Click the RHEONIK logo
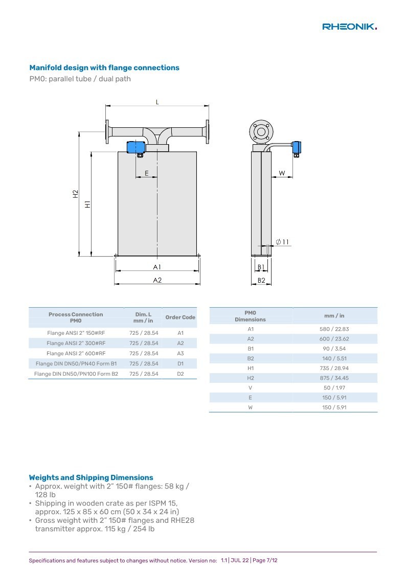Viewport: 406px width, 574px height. pos(349,27)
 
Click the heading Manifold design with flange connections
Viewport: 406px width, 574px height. pos(104,67)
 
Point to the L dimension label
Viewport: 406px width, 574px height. pos(157,102)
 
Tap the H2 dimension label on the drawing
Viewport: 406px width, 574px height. pos(75,194)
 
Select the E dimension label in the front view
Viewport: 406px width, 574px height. pos(146,173)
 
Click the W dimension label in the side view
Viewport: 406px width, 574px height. pos(282,173)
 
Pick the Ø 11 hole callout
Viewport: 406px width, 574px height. pos(282,242)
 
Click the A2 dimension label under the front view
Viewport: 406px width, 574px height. pos(157,280)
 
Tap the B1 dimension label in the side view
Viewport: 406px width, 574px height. pos(261,267)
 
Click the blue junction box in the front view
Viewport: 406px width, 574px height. pos(136,147)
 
